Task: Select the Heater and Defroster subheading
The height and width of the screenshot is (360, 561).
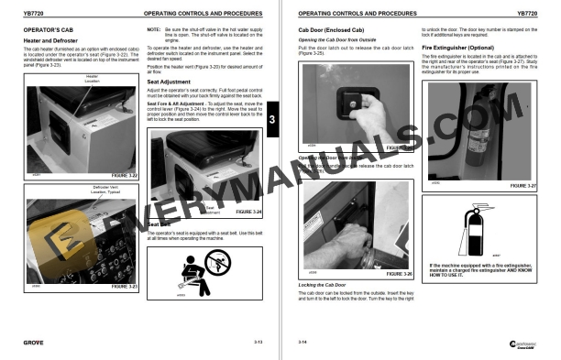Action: pyautogui.click(x=48, y=39)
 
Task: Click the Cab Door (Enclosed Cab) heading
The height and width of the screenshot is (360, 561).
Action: pyautogui.click(x=331, y=29)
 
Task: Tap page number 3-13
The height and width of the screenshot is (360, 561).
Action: pyautogui.click(x=258, y=341)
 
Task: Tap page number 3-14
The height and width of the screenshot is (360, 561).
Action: pyautogui.click(x=303, y=341)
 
